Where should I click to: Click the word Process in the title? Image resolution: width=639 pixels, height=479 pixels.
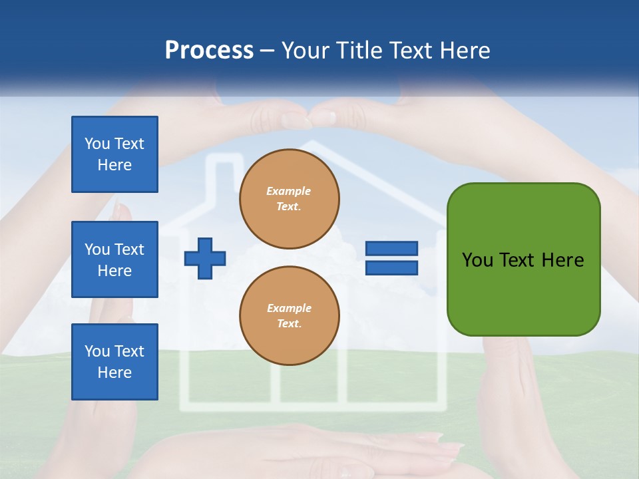pos(209,51)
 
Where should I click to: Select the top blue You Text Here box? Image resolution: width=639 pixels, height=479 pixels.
pos(114,154)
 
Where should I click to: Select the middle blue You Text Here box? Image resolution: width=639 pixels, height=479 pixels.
pos(114,259)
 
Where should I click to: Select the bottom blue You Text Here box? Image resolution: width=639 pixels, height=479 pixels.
pos(114,361)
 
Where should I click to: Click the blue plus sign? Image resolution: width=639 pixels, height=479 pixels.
pos(205,258)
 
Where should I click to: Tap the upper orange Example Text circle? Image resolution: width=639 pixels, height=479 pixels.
pos(289,198)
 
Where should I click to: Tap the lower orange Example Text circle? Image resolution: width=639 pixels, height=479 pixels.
pos(289,315)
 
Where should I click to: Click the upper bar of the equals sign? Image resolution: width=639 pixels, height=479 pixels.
pos(391,249)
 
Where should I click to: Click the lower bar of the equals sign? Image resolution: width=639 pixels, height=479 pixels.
pos(391,267)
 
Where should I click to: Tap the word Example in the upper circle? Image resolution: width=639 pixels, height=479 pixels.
pos(289,191)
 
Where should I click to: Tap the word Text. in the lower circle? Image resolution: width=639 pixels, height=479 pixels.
pos(289,323)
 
